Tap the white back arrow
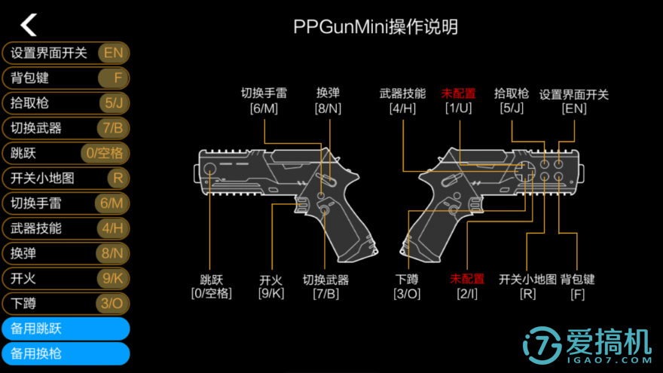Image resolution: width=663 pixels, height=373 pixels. tap(29, 25)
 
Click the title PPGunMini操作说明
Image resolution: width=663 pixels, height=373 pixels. tap(375, 28)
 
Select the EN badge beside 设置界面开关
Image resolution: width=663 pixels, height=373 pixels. tap(113, 53)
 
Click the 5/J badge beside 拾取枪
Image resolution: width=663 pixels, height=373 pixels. tap(113, 102)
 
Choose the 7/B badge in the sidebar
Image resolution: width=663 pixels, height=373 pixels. tap(113, 127)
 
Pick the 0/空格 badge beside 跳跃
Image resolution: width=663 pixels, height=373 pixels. tap(105, 153)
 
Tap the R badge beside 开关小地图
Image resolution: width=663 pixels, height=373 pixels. tap(116, 178)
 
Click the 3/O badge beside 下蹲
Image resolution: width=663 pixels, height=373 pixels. tap(112, 303)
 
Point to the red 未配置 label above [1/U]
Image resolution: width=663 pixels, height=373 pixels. tap(458, 94)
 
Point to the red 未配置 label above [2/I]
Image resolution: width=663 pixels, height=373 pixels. tap(467, 279)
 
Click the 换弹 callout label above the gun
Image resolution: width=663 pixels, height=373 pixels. tap(328, 93)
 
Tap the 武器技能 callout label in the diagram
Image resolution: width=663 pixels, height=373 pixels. tap(402, 94)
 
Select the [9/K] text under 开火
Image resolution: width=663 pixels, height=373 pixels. tap(271, 293)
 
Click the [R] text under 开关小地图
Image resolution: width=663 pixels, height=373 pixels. tap(527, 293)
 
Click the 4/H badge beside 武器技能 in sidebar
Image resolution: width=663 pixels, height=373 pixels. tap(112, 228)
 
